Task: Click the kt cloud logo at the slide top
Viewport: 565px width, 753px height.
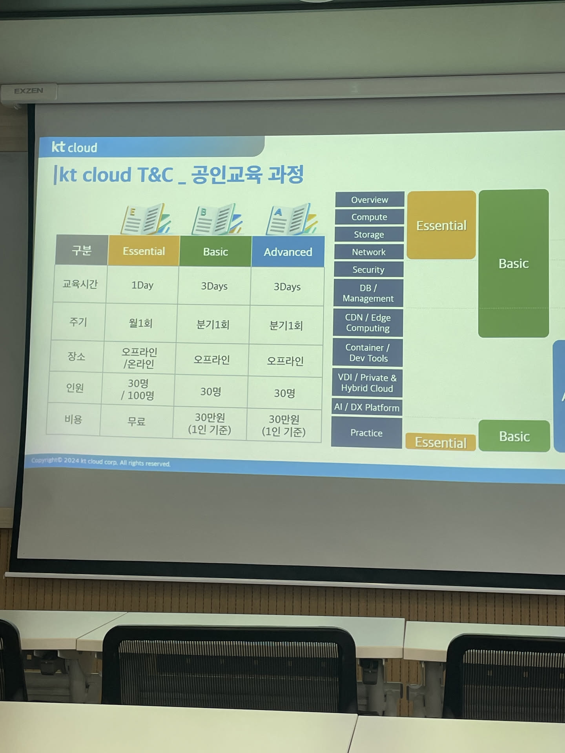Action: point(75,147)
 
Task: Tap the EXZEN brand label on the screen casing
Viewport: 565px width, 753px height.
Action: point(29,91)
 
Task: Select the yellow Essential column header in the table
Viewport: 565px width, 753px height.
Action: point(144,251)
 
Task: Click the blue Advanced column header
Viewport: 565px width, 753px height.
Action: point(288,252)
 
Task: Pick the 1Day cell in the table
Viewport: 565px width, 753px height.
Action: point(142,285)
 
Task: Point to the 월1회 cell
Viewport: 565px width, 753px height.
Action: point(140,323)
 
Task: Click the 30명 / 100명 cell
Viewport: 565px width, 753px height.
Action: point(138,389)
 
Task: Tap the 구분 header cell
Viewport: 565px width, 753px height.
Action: point(82,250)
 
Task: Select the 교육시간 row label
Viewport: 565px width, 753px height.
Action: point(80,284)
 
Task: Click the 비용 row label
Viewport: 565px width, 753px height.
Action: point(73,419)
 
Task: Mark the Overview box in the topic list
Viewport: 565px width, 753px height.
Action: point(370,200)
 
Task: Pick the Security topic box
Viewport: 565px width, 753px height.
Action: point(368,269)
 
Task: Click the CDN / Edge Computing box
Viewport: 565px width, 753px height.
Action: point(368,323)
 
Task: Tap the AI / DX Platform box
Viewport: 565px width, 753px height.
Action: point(367,407)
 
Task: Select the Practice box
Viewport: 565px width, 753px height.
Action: point(366,433)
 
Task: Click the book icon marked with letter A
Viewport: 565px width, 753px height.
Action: point(291,219)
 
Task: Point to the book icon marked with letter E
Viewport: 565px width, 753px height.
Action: point(146,218)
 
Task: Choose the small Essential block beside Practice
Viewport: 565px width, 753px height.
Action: point(441,442)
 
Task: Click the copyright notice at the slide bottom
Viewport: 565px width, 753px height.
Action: point(101,462)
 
